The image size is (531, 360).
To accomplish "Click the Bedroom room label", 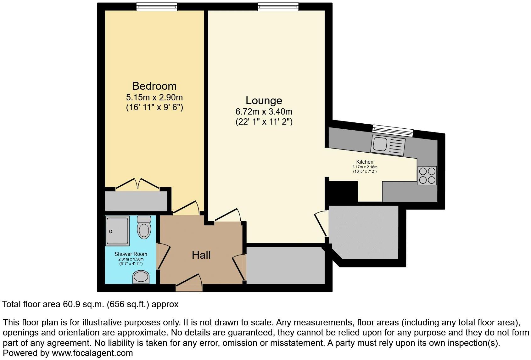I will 154,86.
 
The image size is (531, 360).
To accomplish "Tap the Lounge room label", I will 264,100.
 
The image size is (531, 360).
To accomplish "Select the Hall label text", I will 201,255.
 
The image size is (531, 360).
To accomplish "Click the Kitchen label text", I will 365,162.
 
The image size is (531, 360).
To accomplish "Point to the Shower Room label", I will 131,254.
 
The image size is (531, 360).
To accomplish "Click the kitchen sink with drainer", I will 388,145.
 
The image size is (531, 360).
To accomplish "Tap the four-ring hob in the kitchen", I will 427,176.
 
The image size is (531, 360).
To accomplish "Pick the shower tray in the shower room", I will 117,230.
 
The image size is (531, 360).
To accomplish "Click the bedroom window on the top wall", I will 157,6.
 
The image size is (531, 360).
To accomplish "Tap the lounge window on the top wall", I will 278,6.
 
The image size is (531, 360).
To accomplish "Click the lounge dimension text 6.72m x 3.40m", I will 264,111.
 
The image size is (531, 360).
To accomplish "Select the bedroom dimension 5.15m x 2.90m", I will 154,97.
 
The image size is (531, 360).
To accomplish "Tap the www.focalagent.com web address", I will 92,353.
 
